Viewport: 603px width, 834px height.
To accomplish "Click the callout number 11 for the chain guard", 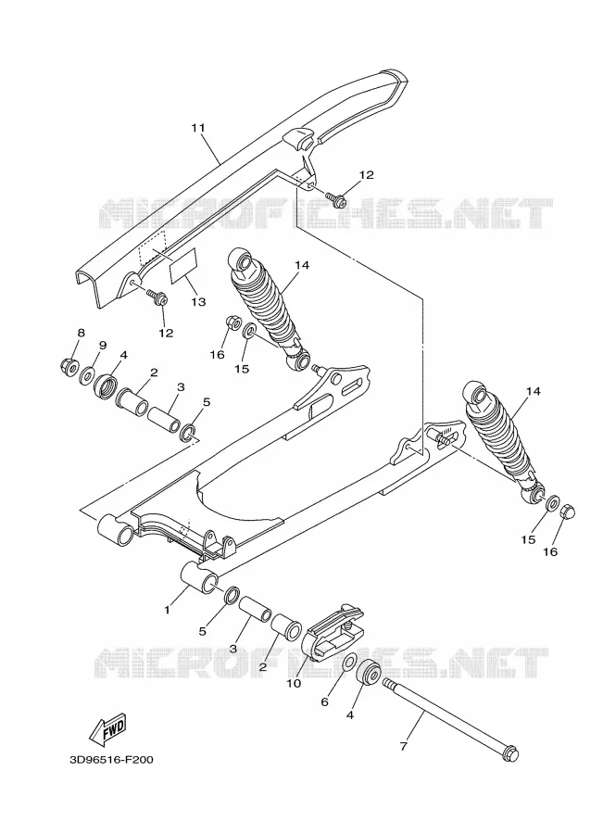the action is pyautogui.click(x=198, y=128).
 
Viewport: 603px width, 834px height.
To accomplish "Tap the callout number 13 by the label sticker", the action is pyautogui.click(x=198, y=302).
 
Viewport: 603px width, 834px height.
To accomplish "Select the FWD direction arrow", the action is pyautogui.click(x=108, y=728).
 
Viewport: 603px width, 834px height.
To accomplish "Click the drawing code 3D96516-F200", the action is pyautogui.click(x=111, y=760).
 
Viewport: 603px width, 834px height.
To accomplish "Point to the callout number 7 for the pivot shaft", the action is pyautogui.click(x=403, y=747).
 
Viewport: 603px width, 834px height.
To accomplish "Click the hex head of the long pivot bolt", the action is pyautogui.click(x=510, y=754).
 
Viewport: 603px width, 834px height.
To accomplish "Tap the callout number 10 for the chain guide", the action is pyautogui.click(x=294, y=683).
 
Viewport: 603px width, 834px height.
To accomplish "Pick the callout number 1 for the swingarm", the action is pyautogui.click(x=167, y=610).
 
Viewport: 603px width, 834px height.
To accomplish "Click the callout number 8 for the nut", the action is pyautogui.click(x=81, y=333).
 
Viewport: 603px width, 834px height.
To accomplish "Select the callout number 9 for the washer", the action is pyautogui.click(x=103, y=345).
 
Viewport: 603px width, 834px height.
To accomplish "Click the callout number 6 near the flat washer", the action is pyautogui.click(x=324, y=702).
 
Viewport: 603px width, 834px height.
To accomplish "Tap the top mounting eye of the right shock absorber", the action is pyautogui.click(x=476, y=394).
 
